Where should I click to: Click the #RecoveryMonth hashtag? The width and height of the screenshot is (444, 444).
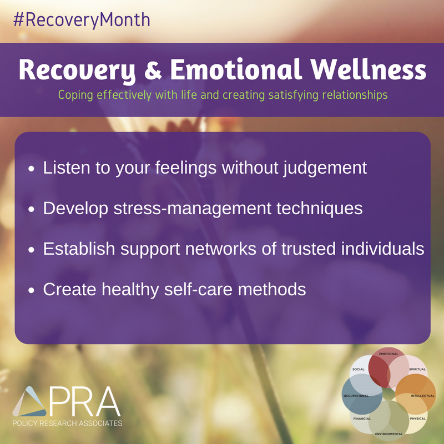point(82,21)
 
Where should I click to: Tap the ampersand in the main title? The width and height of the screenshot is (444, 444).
point(153,70)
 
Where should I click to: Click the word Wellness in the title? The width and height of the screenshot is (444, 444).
point(368,70)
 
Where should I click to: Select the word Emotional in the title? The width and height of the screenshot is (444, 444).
point(235,70)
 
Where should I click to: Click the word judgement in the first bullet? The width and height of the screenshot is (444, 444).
point(325,168)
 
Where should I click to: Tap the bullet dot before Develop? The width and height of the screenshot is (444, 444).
point(31,209)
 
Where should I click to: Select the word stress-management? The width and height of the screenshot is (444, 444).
point(193,209)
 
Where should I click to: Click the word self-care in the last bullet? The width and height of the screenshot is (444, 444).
point(198,289)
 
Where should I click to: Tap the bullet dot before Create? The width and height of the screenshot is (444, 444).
point(31,290)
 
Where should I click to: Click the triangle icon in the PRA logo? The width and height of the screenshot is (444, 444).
point(30,401)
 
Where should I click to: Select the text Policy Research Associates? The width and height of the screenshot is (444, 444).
point(67,423)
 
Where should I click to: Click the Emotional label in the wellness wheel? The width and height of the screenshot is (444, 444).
point(389,354)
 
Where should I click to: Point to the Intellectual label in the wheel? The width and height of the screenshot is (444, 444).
point(422,396)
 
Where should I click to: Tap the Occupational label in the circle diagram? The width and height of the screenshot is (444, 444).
point(356,396)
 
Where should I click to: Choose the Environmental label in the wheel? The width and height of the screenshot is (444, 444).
point(389,434)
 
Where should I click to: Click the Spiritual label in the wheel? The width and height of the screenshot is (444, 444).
point(417,369)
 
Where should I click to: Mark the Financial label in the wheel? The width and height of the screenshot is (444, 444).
point(362,418)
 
